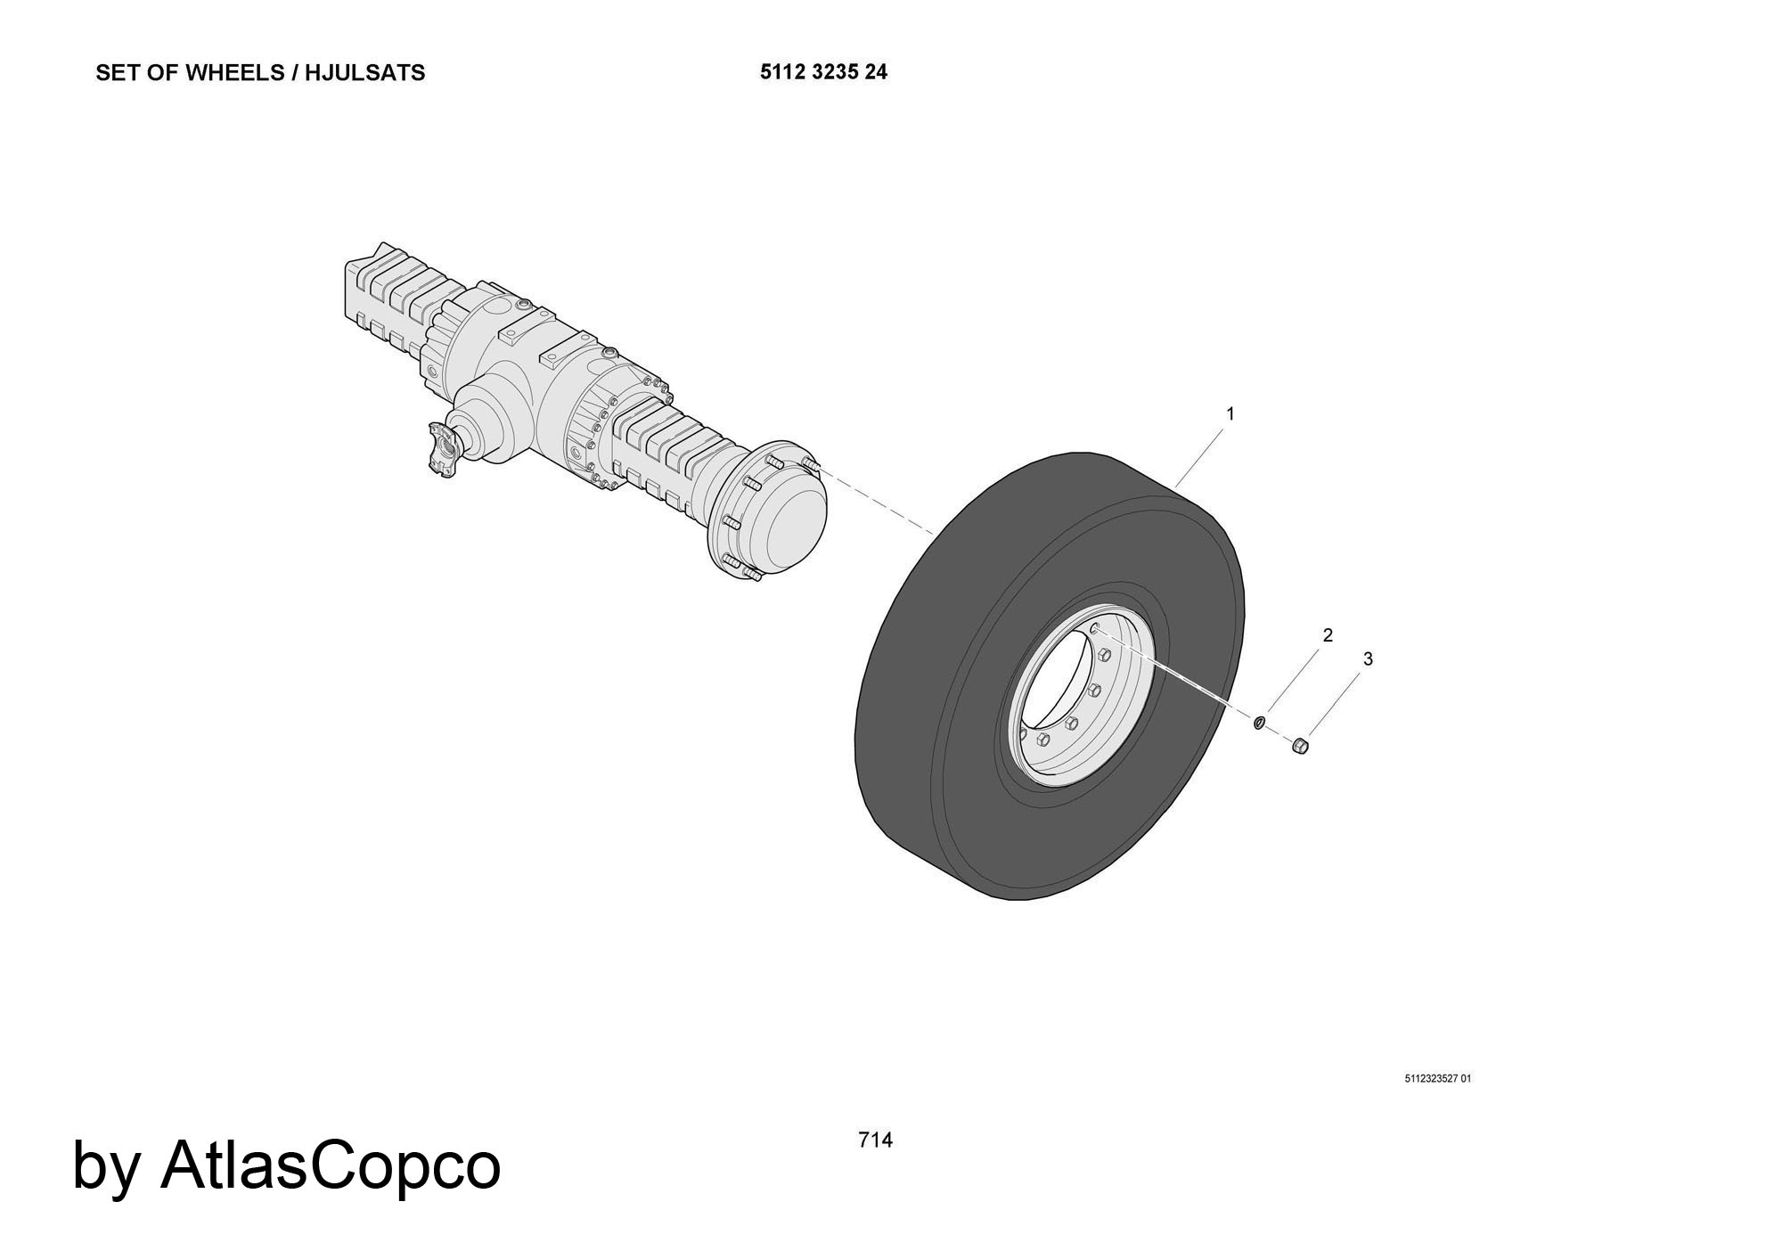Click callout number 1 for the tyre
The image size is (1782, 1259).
pos(1230,413)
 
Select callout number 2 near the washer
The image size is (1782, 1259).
pos(1328,635)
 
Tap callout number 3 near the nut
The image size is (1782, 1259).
pos(1368,658)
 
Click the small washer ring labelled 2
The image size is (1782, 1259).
pos(1259,722)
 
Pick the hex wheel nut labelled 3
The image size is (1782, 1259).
pos(1300,744)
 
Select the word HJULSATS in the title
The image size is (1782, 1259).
pos(365,73)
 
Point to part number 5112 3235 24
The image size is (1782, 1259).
pos(823,72)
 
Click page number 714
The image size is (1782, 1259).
pos(875,1140)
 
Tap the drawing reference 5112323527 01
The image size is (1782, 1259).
pos(1437,1079)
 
